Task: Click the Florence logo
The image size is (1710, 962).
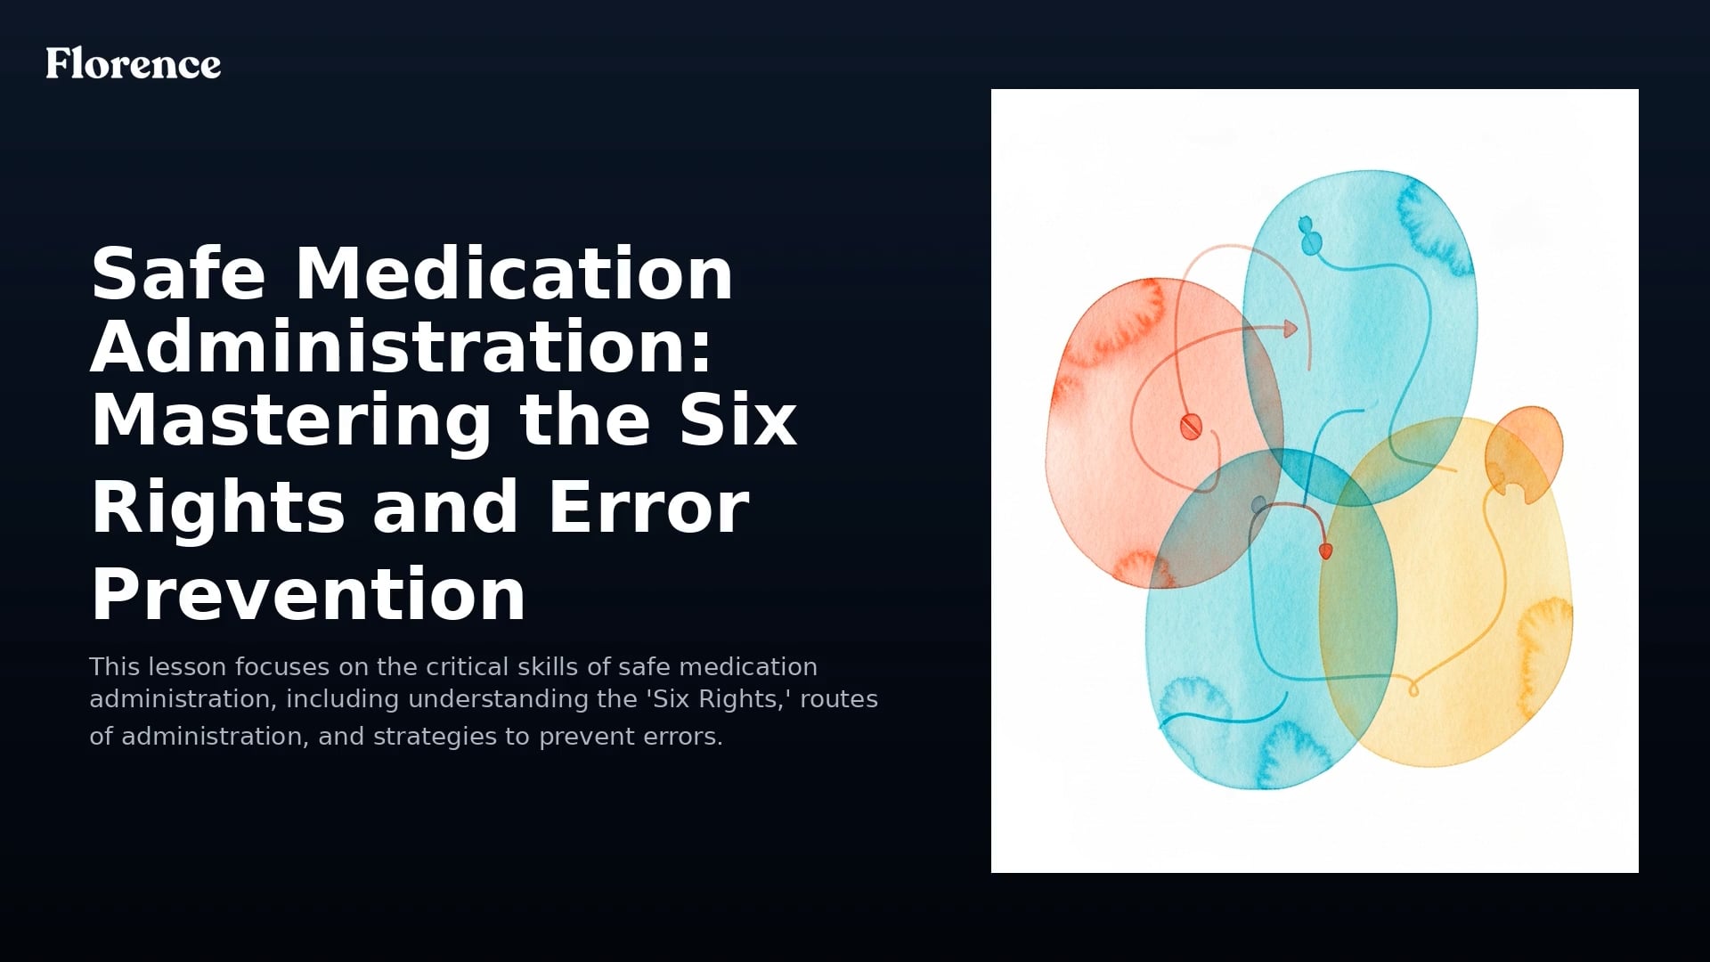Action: pos(134,63)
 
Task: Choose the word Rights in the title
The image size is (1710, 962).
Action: pos(217,508)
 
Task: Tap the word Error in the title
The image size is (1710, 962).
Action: pos(648,508)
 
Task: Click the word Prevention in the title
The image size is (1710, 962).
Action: pos(308,595)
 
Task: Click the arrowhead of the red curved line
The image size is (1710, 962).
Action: pos(1290,329)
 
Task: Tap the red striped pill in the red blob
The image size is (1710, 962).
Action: pos(1191,426)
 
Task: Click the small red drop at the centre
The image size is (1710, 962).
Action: pos(1325,550)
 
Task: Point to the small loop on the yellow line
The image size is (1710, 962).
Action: pos(1413,689)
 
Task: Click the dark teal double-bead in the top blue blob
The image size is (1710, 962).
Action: pos(1308,235)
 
